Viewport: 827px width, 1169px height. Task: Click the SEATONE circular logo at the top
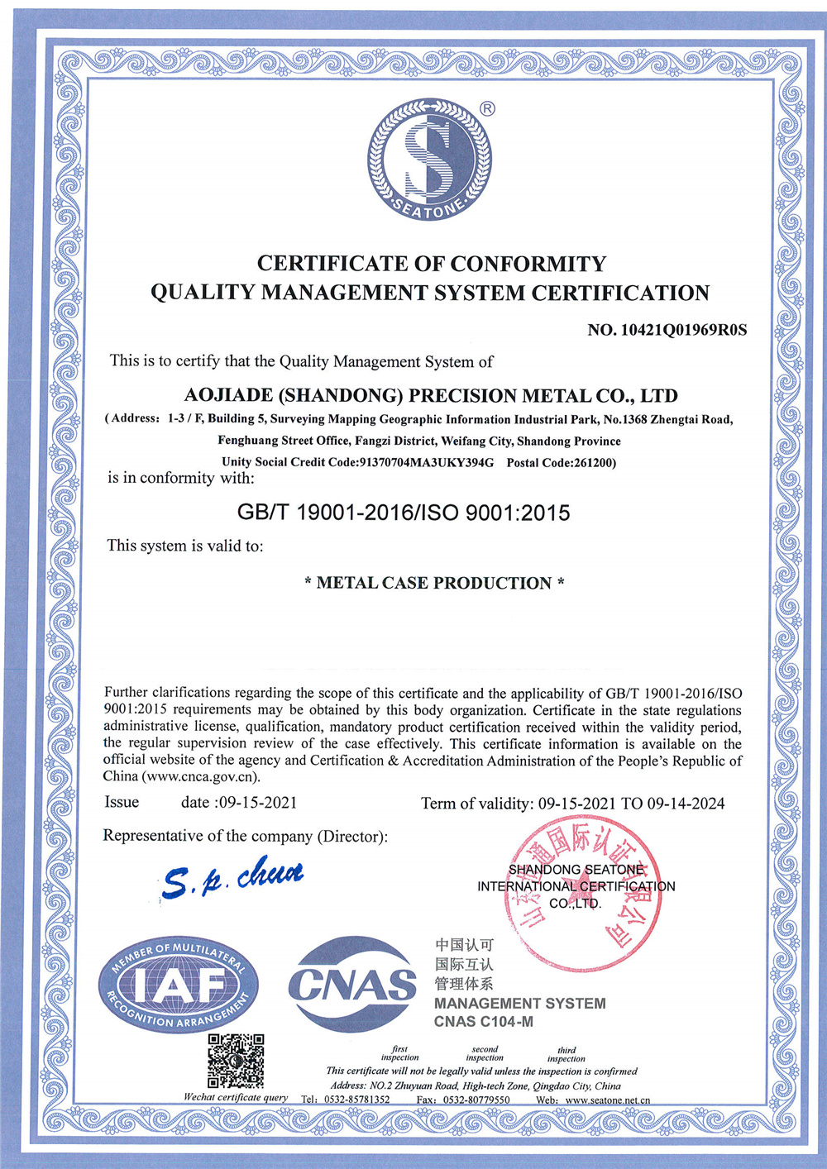(x=429, y=160)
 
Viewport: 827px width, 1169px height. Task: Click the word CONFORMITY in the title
(x=528, y=264)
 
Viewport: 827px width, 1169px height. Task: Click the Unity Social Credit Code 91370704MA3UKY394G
(x=426, y=462)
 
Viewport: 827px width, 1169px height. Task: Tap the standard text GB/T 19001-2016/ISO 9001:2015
(x=404, y=513)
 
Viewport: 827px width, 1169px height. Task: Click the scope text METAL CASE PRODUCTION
(x=434, y=583)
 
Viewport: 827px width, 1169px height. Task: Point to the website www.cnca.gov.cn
(x=200, y=776)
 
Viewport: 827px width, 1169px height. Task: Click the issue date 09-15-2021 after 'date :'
(x=258, y=802)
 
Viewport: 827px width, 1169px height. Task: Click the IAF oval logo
(x=179, y=985)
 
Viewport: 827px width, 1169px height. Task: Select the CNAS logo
(x=352, y=984)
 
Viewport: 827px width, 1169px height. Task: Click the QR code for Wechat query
(x=236, y=1060)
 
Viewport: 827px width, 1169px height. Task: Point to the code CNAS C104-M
(x=484, y=1022)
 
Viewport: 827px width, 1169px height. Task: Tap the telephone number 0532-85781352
(x=356, y=1100)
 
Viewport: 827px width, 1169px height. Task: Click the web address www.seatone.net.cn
(x=608, y=1100)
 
